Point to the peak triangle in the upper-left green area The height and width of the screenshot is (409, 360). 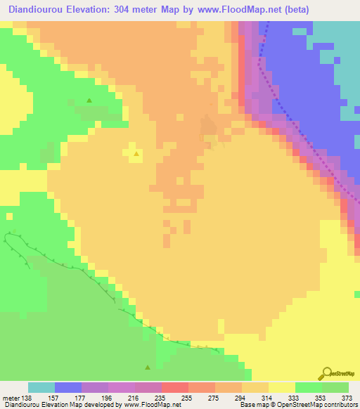(x=89, y=100)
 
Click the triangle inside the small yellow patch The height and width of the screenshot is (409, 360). (x=136, y=152)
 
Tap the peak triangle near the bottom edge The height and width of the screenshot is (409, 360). (x=148, y=367)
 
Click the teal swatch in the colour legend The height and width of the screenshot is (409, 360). (x=41, y=387)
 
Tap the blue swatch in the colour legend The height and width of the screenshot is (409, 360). (x=68, y=387)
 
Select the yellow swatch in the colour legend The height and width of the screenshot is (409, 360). (x=282, y=387)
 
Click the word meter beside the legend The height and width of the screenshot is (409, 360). (x=13, y=397)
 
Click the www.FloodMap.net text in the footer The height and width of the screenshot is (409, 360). (x=150, y=405)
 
